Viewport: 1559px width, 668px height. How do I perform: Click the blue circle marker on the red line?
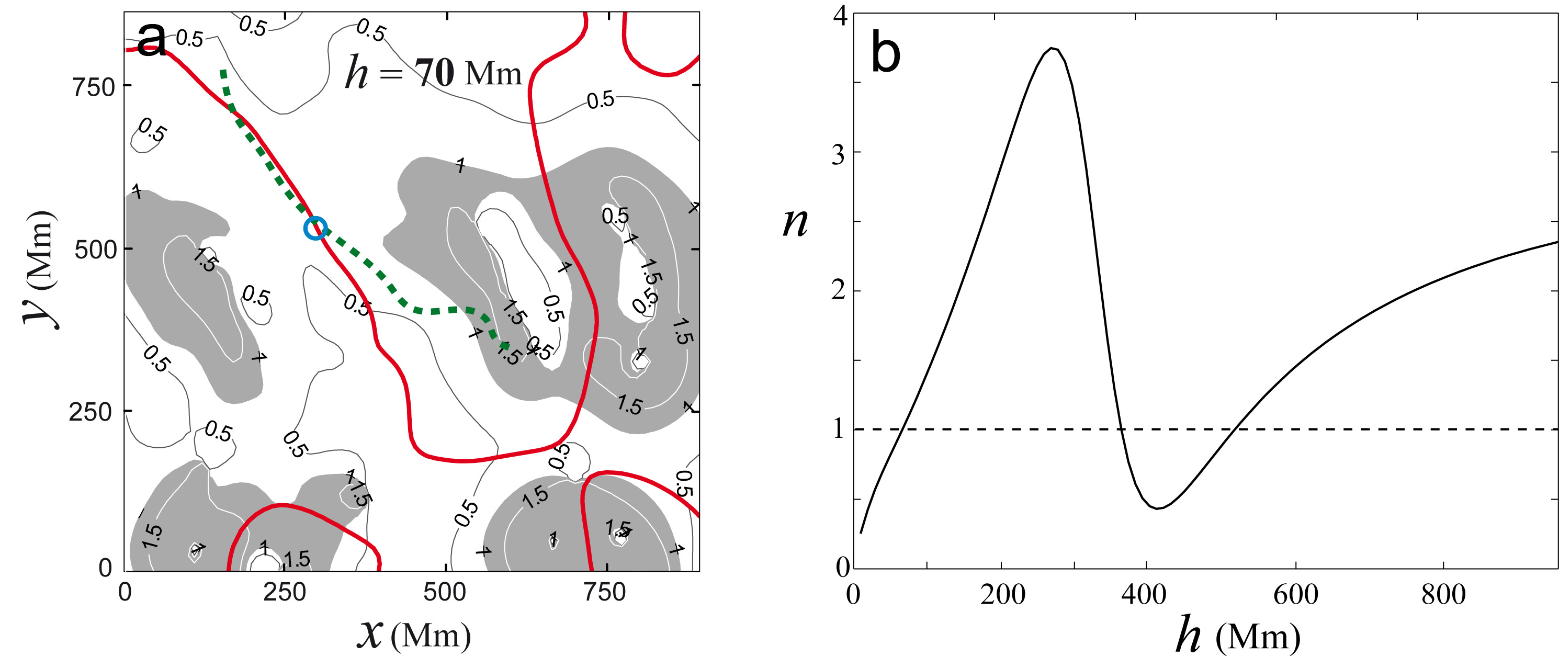[315, 228]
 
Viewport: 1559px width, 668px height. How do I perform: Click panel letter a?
[151, 39]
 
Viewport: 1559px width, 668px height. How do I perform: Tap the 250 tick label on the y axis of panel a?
[91, 413]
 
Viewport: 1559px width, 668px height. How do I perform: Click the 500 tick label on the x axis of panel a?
[445, 592]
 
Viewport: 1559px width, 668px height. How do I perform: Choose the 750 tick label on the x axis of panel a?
[605, 592]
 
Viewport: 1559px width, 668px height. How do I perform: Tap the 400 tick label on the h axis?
[1144, 595]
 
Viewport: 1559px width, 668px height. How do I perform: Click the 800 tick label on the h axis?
[1443, 595]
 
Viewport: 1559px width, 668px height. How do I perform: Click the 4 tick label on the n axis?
[840, 16]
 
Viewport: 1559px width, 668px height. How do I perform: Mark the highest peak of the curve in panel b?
[1053, 49]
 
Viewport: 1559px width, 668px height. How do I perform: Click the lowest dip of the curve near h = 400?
[1157, 508]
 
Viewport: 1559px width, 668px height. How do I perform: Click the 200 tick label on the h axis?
[1003, 595]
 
